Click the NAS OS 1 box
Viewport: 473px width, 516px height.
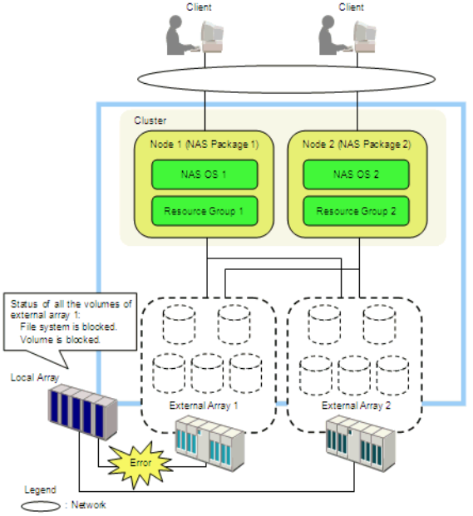pyautogui.click(x=204, y=174)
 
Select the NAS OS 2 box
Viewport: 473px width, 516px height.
pyautogui.click(x=356, y=174)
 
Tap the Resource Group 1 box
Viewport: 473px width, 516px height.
pyautogui.click(x=204, y=211)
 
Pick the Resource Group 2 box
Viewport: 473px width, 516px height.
pyautogui.click(x=356, y=211)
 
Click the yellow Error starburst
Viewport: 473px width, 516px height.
pyautogui.click(x=140, y=464)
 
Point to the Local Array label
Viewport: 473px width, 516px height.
pyautogui.click(x=35, y=377)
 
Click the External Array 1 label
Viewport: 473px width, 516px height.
pyautogui.click(x=204, y=405)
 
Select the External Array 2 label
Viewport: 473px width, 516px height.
pyautogui.click(x=356, y=405)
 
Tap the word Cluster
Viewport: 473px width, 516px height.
pyautogui.click(x=150, y=120)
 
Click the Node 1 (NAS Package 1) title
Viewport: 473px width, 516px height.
pyautogui.click(x=204, y=144)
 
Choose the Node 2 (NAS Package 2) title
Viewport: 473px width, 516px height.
pyautogui.click(x=357, y=144)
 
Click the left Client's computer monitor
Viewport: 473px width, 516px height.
pyautogui.click(x=212, y=37)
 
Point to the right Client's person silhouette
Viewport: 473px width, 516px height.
pyautogui.click(x=332, y=36)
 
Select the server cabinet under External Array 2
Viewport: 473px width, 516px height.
pyautogui.click(x=361, y=443)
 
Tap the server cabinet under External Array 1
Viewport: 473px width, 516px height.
pyautogui.click(x=210, y=443)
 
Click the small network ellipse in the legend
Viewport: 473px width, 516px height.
pyautogui.click(x=41, y=506)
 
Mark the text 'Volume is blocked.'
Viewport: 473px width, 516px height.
pyautogui.click(x=60, y=339)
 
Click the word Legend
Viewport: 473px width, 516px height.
pyautogui.click(x=40, y=490)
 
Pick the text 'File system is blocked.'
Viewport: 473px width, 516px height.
pyautogui.click(x=69, y=327)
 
